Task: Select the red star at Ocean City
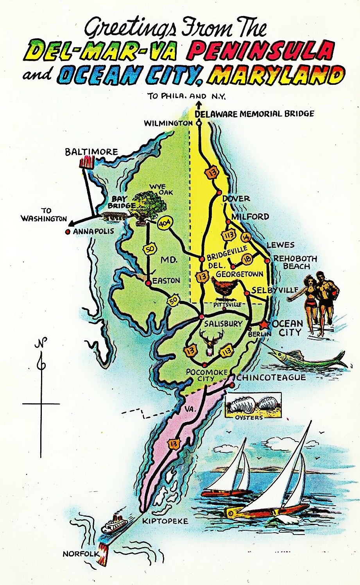coord(263,324)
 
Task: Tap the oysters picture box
coord(253,406)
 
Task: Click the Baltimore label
coord(91,151)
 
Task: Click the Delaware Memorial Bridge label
coord(254,114)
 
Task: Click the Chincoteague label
coord(270,377)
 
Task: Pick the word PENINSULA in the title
coord(263,51)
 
